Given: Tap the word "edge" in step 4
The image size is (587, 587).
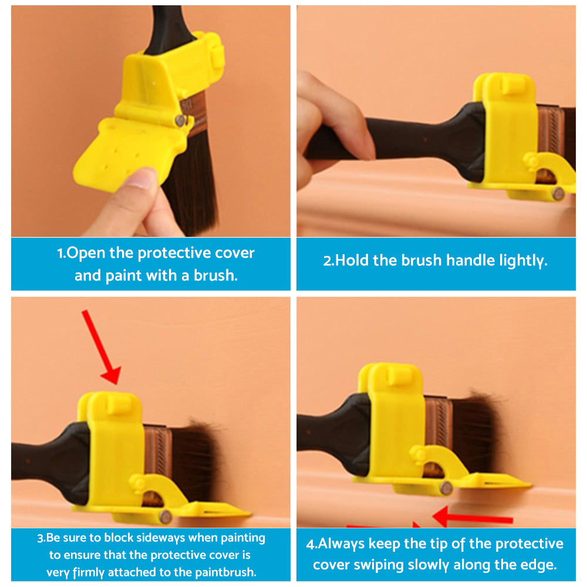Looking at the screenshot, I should pyautogui.click(x=538, y=565).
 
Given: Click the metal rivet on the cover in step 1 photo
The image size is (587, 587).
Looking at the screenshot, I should pyautogui.click(x=180, y=120).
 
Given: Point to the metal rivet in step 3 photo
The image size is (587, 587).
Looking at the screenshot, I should pyautogui.click(x=166, y=517).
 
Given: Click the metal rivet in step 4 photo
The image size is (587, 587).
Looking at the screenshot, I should pyautogui.click(x=446, y=487).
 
